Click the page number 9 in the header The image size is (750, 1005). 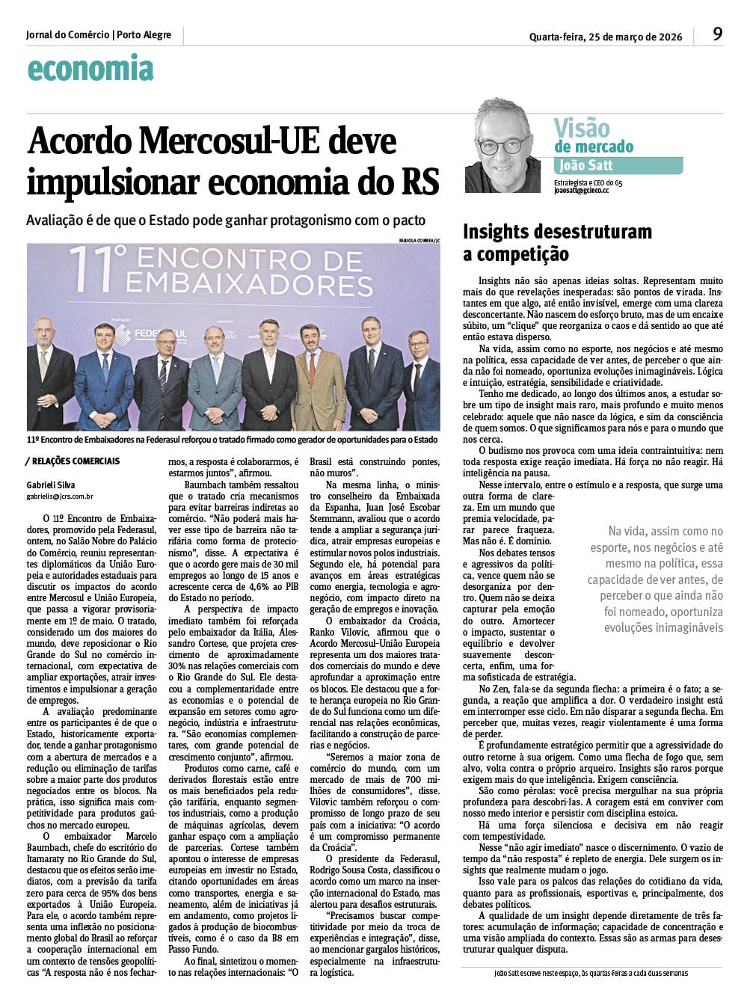click(717, 34)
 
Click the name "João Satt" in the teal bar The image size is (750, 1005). click(588, 166)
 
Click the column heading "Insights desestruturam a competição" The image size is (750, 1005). click(557, 242)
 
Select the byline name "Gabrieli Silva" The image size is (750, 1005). click(51, 485)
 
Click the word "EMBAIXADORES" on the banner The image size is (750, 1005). click(239, 284)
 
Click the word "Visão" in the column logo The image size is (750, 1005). click(582, 128)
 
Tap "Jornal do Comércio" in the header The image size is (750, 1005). click(67, 35)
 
